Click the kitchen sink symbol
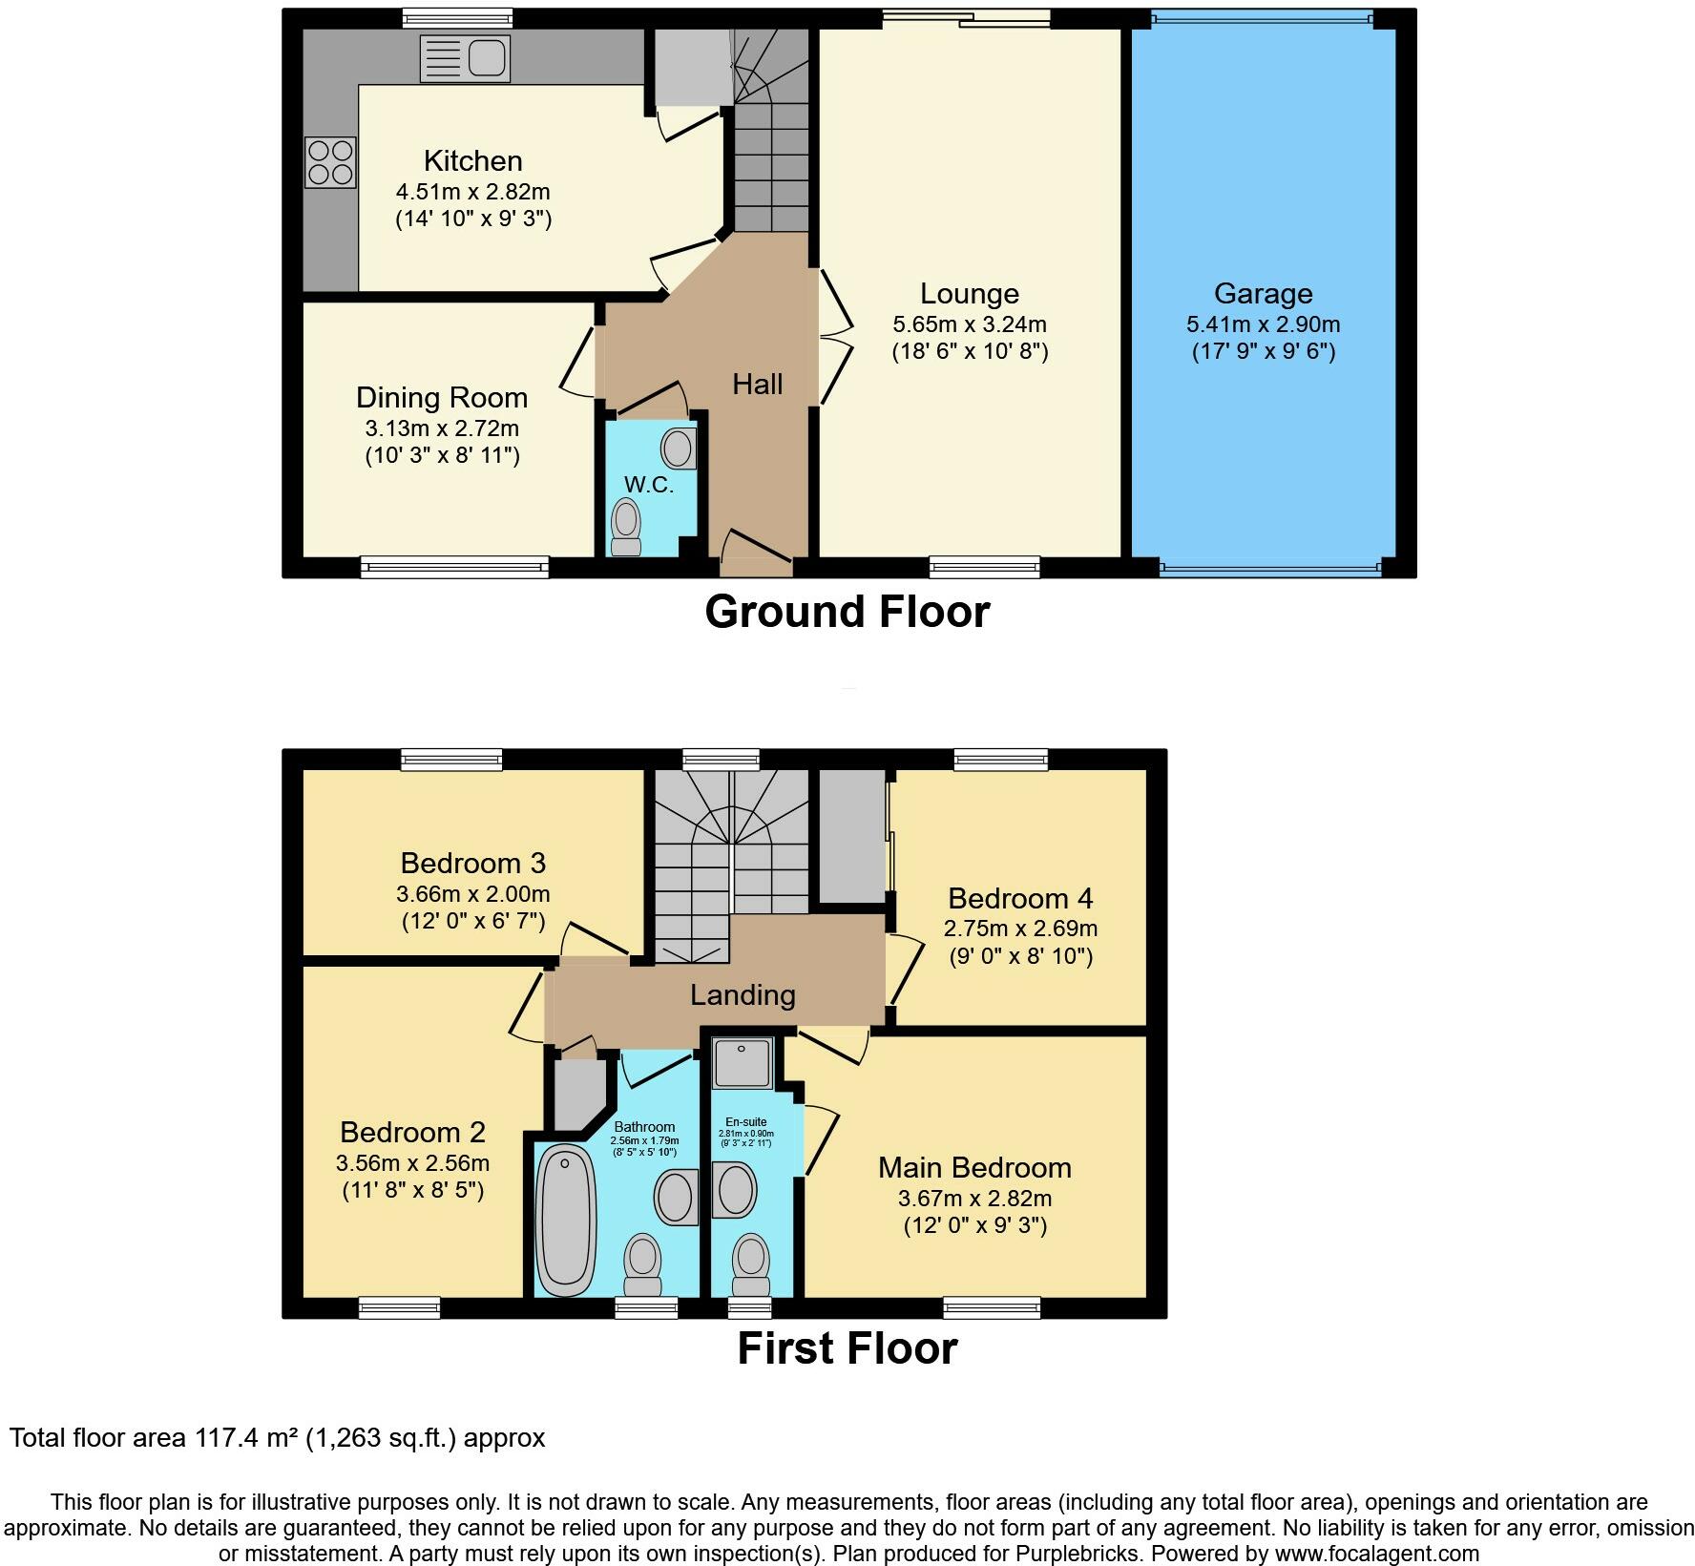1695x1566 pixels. (x=465, y=59)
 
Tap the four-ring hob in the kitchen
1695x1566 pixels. (x=330, y=162)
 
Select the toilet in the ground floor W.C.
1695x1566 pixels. (x=626, y=528)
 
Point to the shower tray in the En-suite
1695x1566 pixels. (x=742, y=1062)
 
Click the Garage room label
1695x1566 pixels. (x=1263, y=293)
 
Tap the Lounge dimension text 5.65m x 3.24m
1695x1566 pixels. (x=969, y=324)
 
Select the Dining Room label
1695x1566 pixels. (x=441, y=397)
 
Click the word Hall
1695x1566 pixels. (x=757, y=384)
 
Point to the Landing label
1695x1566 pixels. (x=743, y=995)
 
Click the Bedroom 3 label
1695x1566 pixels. (x=472, y=863)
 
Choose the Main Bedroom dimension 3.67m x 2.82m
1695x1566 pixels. (x=974, y=1198)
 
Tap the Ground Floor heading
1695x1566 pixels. (x=847, y=612)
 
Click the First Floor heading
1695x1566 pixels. (x=847, y=1348)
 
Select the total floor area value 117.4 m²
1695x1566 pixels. (x=247, y=1437)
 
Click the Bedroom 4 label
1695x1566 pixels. (x=1020, y=898)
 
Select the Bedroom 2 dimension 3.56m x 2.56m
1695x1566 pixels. (x=412, y=1162)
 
